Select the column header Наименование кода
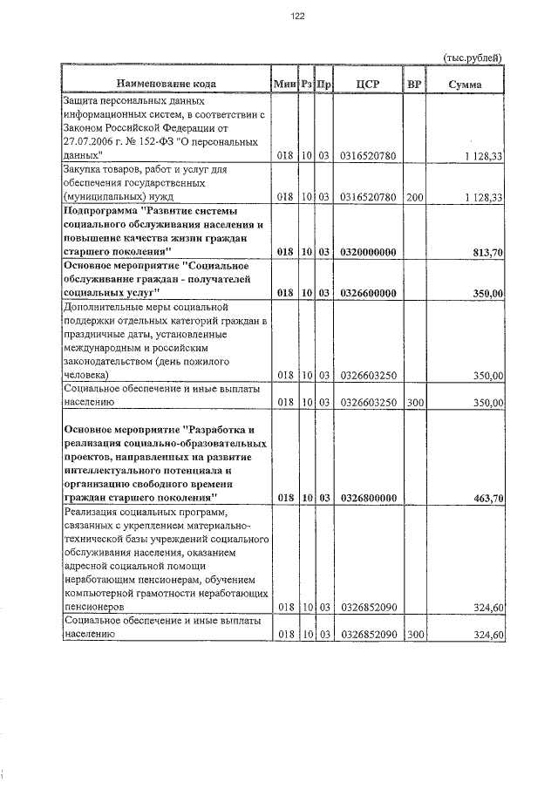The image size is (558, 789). coord(165,84)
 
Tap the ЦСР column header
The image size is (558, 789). coord(366,84)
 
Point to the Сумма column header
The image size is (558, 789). coord(464,84)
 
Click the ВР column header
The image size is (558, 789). coord(414,84)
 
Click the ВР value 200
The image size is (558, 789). coord(414,197)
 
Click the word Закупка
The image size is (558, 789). coord(85,169)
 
